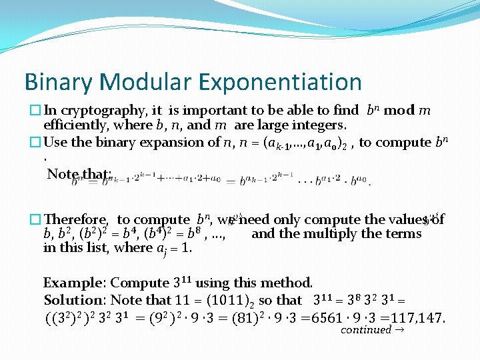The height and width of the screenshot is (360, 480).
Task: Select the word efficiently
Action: point(75,125)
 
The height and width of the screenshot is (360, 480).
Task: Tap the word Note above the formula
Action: point(63,174)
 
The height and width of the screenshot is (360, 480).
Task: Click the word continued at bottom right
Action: point(366,330)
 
